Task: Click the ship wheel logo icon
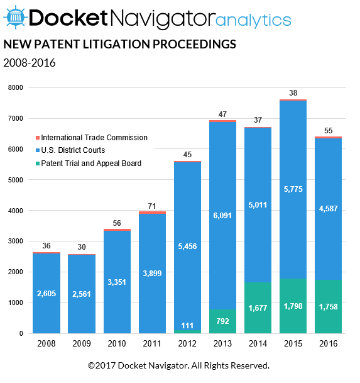16,18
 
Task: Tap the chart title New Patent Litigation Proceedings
119,45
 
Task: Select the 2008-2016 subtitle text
30,63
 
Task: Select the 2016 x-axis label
328,344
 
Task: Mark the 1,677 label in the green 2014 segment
258,309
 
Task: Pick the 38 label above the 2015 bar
293,92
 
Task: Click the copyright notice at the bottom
179,365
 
